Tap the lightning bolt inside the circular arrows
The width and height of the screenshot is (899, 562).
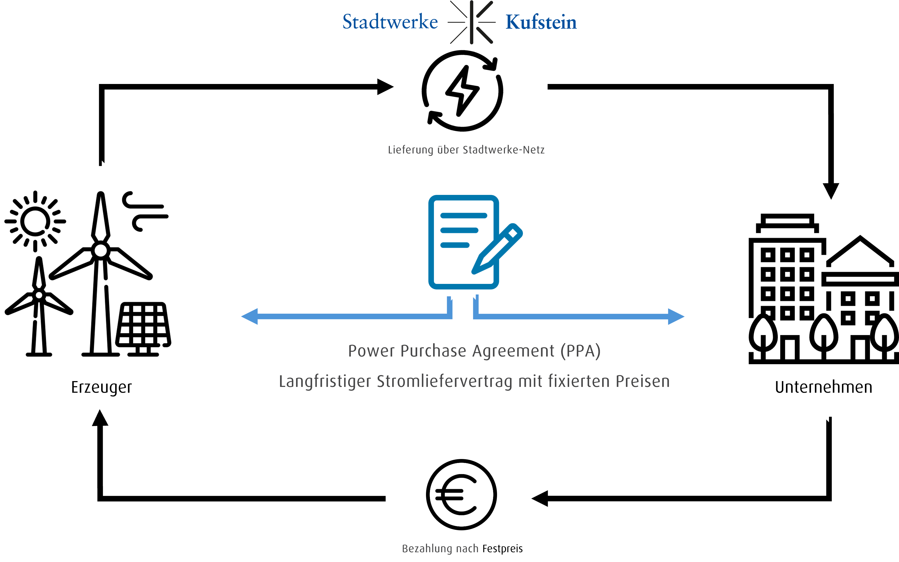pos(462,90)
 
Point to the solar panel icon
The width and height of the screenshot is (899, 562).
pos(143,329)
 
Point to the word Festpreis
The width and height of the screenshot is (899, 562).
pos(503,549)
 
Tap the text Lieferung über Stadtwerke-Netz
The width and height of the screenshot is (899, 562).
pos(466,150)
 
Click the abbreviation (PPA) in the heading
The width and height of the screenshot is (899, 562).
pos(580,351)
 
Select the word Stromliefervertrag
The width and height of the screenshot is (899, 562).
pos(445,382)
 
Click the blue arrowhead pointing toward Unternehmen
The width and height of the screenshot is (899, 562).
pos(676,316)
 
